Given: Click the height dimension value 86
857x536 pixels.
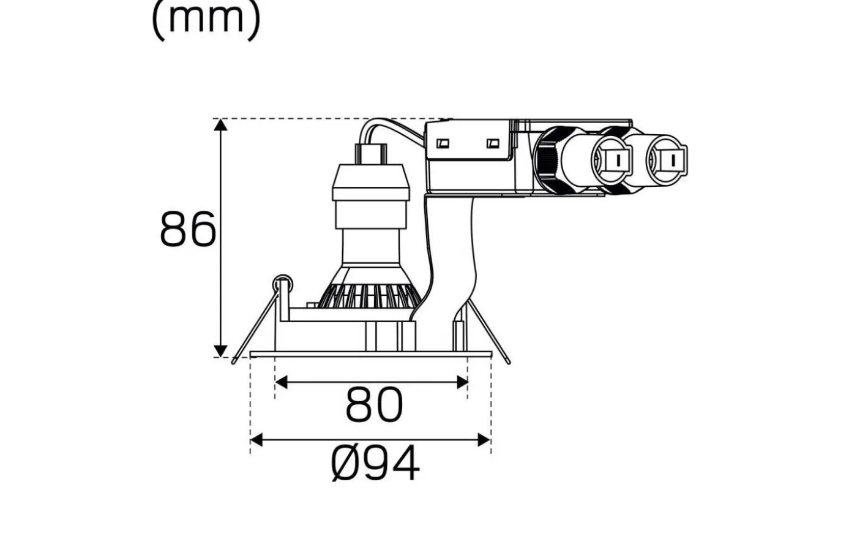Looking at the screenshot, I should (x=187, y=230).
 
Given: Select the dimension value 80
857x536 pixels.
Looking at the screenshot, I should (x=374, y=405).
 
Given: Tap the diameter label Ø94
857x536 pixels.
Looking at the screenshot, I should (x=375, y=464).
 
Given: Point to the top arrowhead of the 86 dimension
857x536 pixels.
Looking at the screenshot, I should (x=221, y=125).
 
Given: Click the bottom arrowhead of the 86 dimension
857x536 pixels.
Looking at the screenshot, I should (x=221, y=350).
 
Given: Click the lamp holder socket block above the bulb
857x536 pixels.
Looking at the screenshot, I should (x=369, y=184).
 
